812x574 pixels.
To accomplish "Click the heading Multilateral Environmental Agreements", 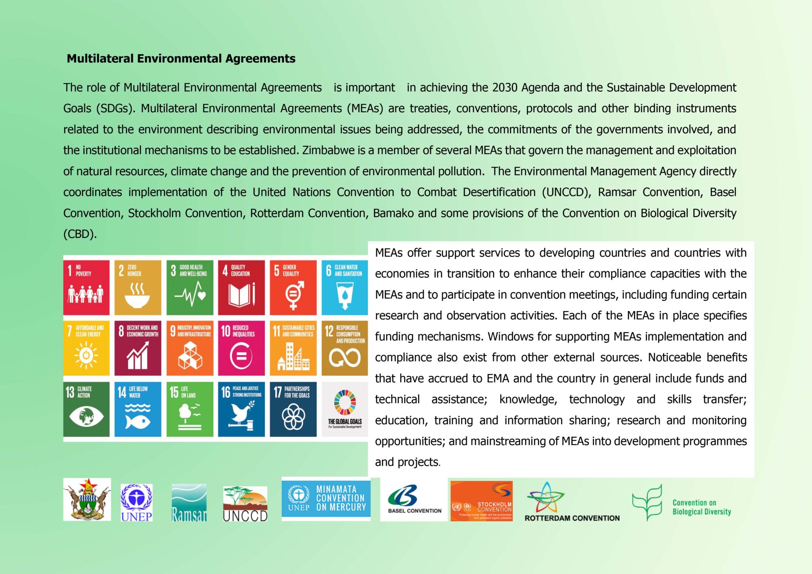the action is [x=181, y=59].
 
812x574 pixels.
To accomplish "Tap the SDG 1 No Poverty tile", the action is [x=86, y=287].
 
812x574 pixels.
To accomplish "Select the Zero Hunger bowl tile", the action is [x=138, y=287].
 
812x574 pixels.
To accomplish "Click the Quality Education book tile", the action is [x=241, y=287].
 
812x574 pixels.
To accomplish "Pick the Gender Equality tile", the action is [x=293, y=287].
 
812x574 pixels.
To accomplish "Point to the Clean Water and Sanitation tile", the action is [x=344, y=287].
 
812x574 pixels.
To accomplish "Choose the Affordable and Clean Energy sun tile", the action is [x=86, y=348].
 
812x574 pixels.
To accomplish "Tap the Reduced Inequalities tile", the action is [x=241, y=348].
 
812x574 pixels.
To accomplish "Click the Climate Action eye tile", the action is [x=86, y=409].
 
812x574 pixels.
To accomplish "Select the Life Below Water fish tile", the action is [x=138, y=409].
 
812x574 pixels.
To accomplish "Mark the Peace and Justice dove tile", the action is [x=241, y=409].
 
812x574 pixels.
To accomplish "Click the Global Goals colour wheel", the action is [x=345, y=402].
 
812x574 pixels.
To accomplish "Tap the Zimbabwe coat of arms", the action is [x=87, y=499].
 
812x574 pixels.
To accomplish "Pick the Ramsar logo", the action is [x=189, y=502].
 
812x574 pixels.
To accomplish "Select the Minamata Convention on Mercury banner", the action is [x=326, y=498].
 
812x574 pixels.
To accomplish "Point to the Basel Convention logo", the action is [x=414, y=499].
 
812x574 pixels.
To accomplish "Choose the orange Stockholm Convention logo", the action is [x=481, y=501].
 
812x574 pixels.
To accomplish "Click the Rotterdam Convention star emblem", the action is [x=545, y=497].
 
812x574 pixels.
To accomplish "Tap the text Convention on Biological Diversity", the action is [x=701, y=507].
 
